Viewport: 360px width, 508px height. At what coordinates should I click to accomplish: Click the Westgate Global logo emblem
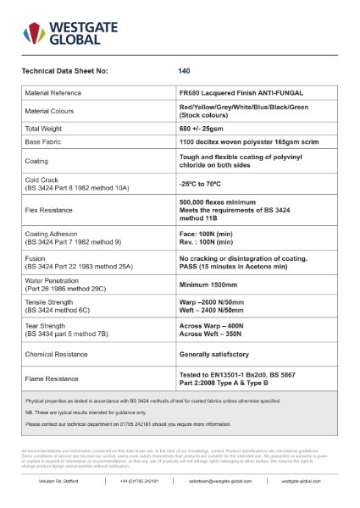tap(33, 33)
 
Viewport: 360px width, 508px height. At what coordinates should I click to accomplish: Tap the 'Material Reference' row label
tap(58, 92)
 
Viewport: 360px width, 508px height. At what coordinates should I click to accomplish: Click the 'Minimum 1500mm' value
tap(208, 284)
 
